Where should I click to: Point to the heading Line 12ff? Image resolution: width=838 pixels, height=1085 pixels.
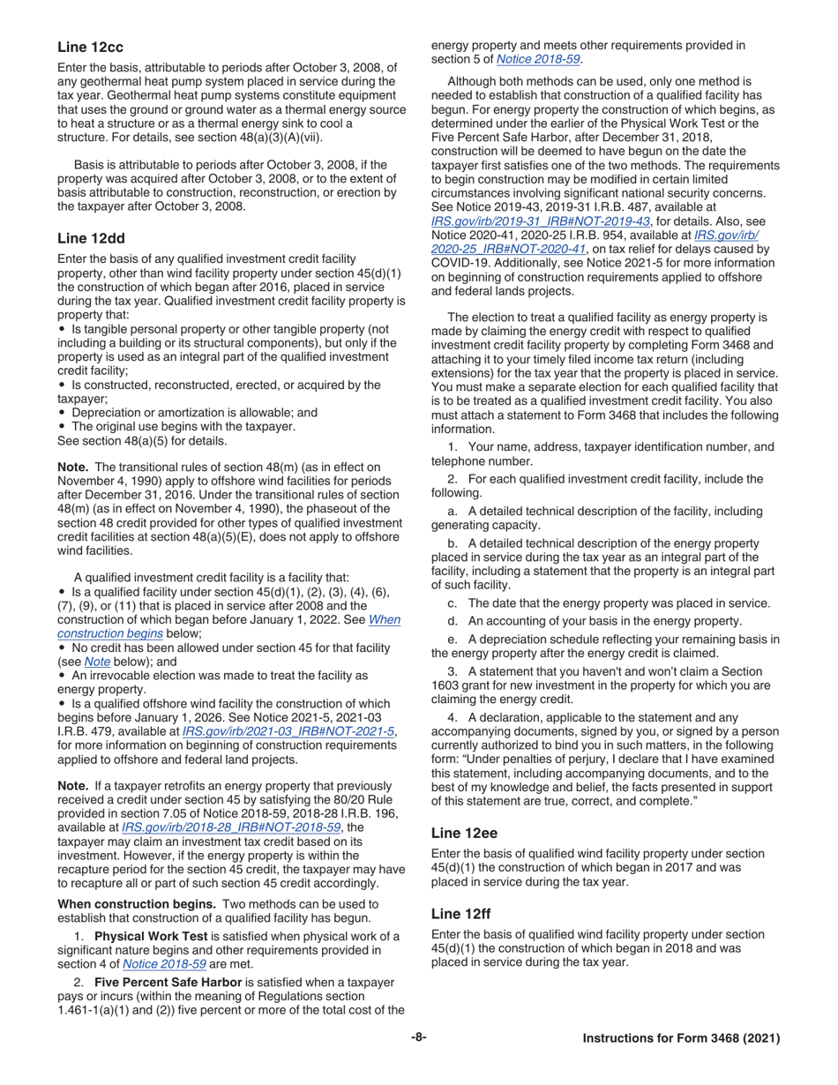click(x=462, y=913)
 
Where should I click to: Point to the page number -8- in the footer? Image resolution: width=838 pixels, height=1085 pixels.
click(x=418, y=1038)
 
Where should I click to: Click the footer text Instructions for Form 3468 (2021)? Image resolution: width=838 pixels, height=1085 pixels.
click(x=681, y=1039)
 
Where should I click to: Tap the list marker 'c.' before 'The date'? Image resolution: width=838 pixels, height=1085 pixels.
click(x=453, y=603)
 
